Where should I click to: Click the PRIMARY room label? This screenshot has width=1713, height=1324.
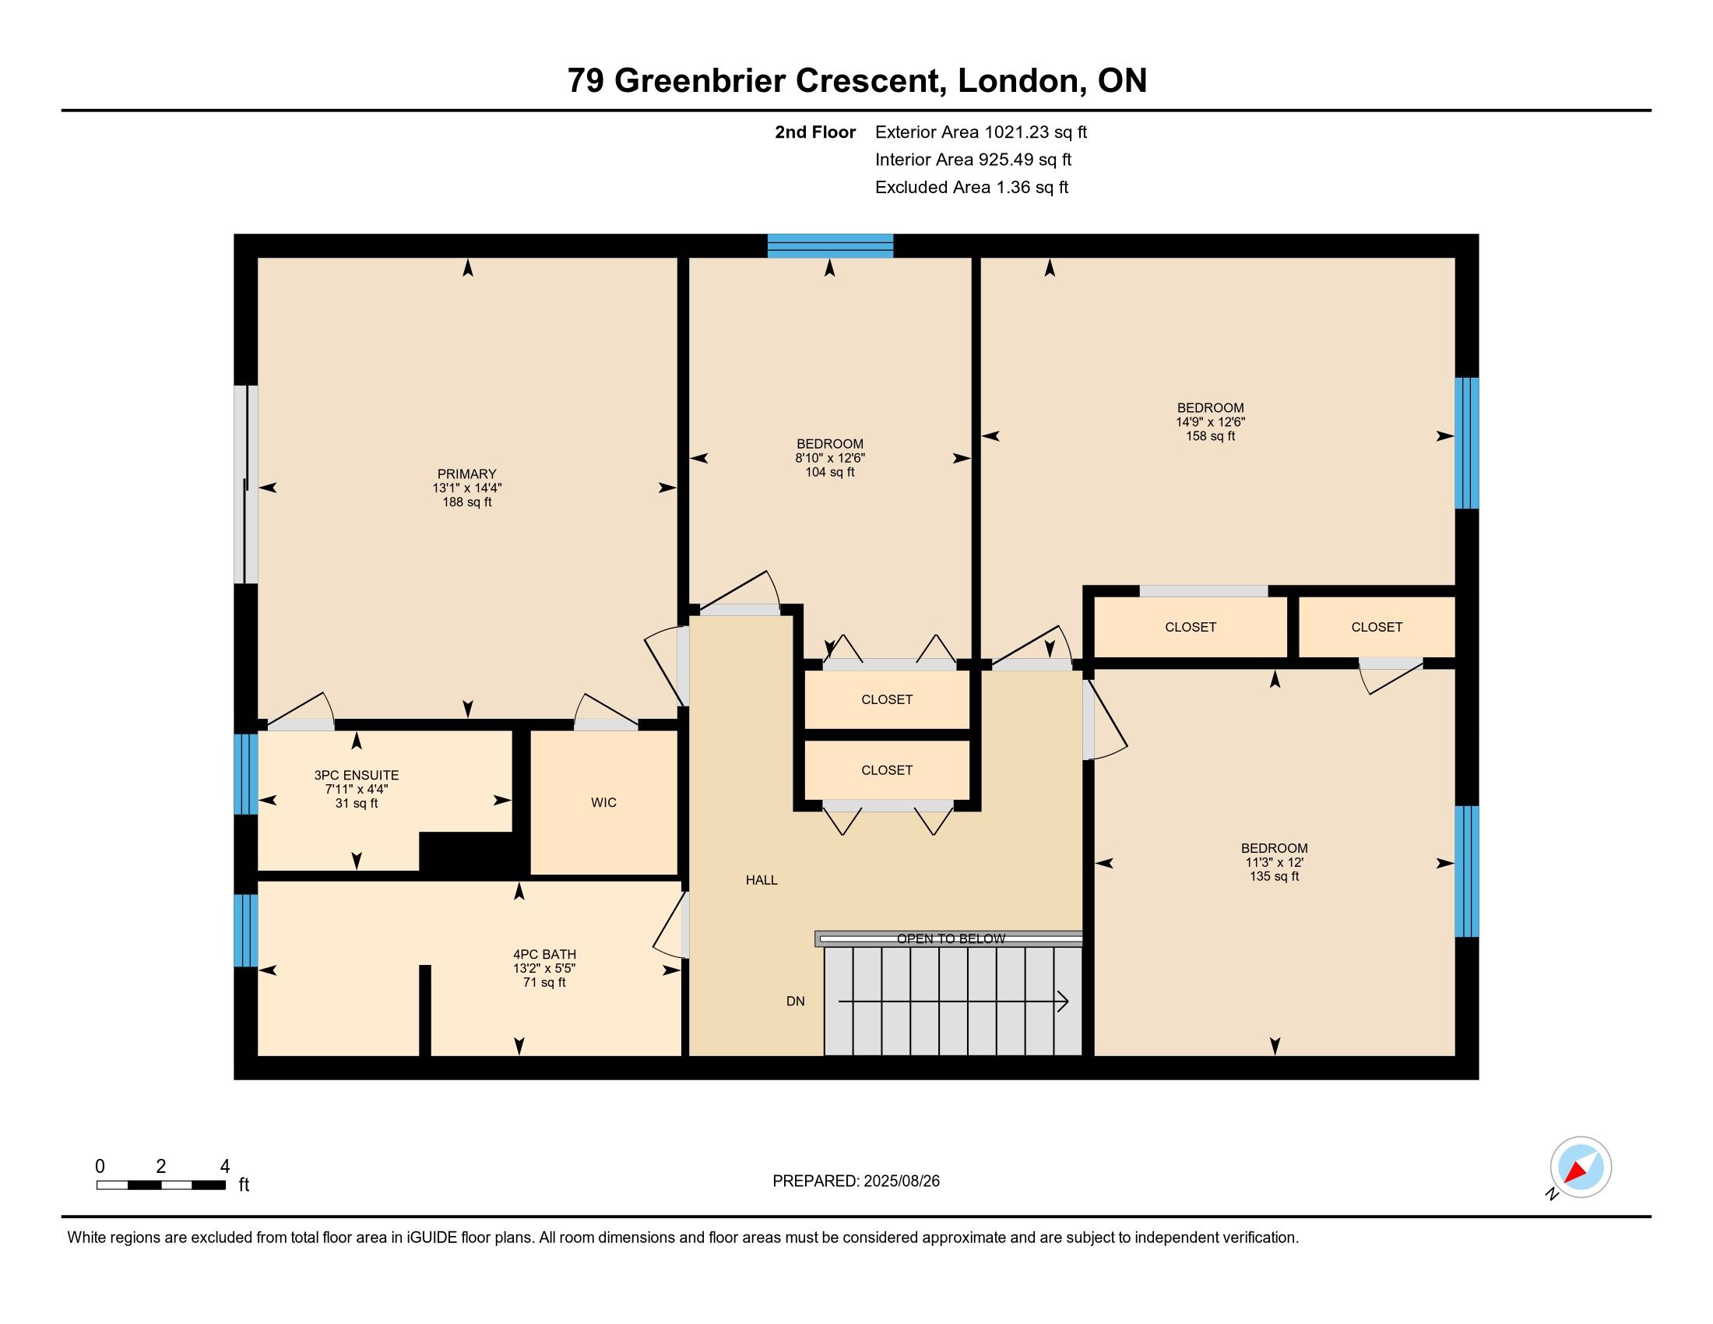[466, 474]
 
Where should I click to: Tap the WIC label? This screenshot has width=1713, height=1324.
[604, 802]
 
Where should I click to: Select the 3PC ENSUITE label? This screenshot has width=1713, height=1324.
[357, 775]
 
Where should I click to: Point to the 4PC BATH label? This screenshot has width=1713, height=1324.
[544, 955]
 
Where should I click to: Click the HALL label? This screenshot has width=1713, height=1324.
[762, 880]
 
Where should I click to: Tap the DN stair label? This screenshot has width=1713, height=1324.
[795, 1001]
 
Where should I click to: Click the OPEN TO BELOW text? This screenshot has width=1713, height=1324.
[951, 939]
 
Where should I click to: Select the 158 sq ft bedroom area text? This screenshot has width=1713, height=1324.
[1210, 436]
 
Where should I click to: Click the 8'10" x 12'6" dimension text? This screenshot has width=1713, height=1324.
[830, 458]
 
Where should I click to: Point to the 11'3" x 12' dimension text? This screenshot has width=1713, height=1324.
[1275, 862]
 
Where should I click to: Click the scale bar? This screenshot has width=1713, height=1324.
[161, 1185]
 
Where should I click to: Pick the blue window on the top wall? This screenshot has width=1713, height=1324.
[830, 245]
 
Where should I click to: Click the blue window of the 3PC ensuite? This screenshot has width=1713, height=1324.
[245, 774]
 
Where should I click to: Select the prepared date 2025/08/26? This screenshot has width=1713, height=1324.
[901, 1181]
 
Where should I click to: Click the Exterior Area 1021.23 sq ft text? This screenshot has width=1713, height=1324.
[980, 132]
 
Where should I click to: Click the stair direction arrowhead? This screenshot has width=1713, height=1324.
[1063, 1002]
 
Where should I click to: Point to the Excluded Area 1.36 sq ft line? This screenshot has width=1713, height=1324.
[972, 187]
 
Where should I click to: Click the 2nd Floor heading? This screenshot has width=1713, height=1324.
[815, 132]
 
